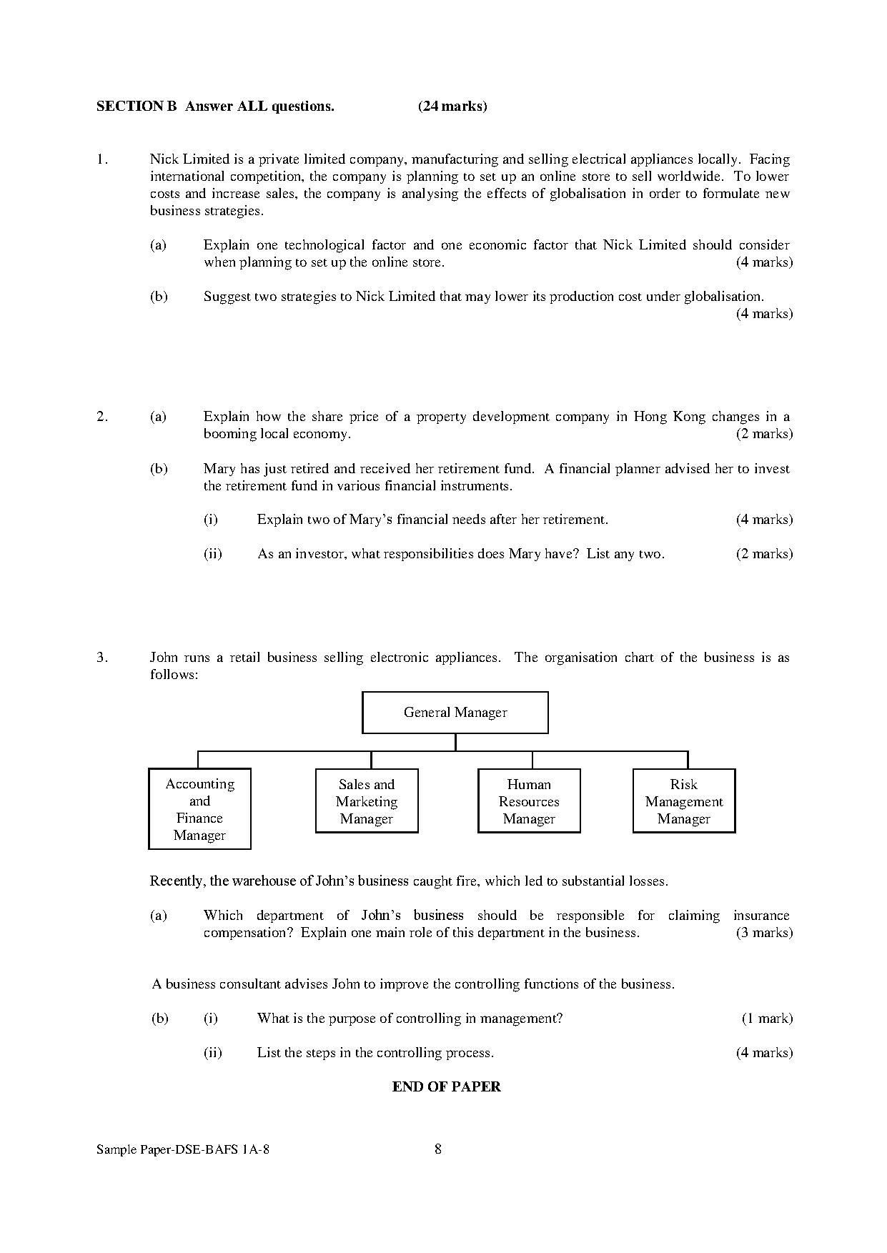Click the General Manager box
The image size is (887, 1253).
[455, 712]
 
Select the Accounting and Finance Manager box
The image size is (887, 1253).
[199, 808]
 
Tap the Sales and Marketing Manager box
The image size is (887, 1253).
[367, 801]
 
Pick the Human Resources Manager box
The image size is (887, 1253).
[529, 801]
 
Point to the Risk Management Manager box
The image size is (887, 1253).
[684, 801]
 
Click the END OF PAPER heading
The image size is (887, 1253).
[446, 1086]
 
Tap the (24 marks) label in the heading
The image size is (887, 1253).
[452, 107]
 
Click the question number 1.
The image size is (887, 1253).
[101, 159]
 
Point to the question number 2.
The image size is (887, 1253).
[101, 416]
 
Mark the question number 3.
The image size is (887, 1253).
[101, 658]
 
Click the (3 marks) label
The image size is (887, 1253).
[764, 933]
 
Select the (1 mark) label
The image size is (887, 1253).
[767, 1019]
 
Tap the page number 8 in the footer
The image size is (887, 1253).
[438, 1149]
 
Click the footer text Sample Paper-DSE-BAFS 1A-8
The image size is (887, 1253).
[183, 1149]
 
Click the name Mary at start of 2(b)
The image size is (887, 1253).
[219, 469]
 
